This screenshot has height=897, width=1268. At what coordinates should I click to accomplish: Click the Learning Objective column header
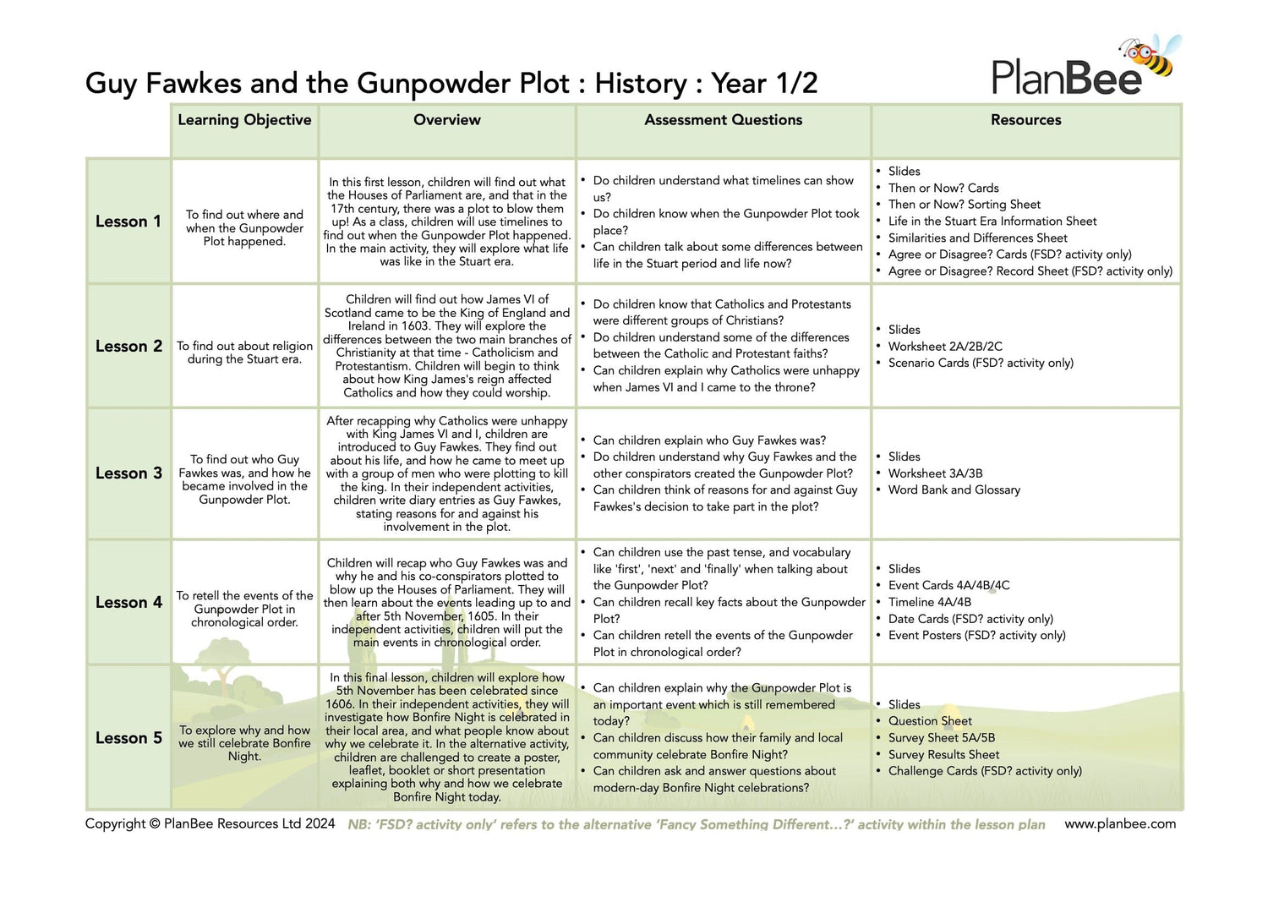tap(244, 120)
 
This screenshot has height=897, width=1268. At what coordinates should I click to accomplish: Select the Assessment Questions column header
tap(723, 120)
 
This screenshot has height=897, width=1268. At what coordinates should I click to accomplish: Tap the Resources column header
tap(1025, 120)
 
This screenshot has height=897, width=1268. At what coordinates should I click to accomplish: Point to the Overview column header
tap(446, 120)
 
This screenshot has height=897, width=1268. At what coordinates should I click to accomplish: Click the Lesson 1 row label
tap(128, 222)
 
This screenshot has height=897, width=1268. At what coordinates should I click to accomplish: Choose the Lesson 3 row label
tap(128, 473)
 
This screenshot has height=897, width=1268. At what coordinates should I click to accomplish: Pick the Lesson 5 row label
tap(128, 738)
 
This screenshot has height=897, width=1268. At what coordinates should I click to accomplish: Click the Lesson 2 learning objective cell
tap(244, 353)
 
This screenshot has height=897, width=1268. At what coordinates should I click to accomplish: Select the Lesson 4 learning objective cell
tap(244, 609)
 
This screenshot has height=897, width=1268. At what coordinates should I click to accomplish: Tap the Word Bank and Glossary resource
tap(954, 490)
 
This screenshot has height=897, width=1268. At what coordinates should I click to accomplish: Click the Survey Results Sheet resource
tap(943, 755)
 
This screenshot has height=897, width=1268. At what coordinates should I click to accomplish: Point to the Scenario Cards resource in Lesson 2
tap(981, 363)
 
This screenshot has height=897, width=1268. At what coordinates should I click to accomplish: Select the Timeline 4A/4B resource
tap(929, 603)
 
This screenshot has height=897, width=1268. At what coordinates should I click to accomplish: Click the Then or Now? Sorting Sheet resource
tap(964, 205)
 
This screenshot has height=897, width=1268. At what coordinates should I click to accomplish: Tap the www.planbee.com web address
tap(1119, 823)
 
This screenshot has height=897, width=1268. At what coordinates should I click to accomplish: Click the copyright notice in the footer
tap(210, 823)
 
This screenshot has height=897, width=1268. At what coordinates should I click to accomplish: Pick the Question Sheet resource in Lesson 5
tap(930, 721)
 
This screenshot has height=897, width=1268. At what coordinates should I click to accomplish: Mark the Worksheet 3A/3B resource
tap(935, 473)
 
